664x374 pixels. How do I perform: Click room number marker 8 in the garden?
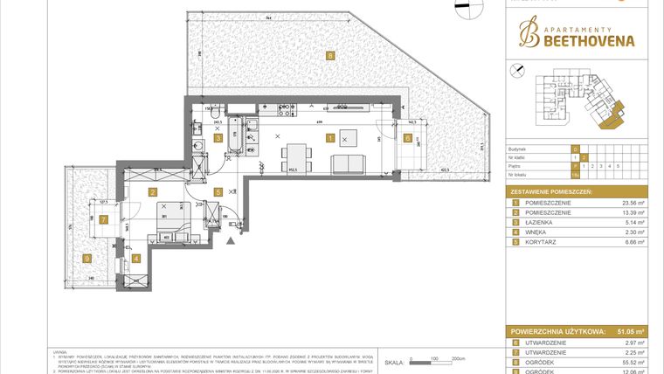329,57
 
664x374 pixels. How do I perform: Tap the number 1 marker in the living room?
329,138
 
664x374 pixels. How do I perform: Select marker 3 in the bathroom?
218,138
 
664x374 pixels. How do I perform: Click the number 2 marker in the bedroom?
152,191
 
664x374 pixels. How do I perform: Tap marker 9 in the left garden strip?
103,220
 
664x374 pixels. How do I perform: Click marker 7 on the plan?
103,220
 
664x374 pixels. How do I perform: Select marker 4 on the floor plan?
136,258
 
